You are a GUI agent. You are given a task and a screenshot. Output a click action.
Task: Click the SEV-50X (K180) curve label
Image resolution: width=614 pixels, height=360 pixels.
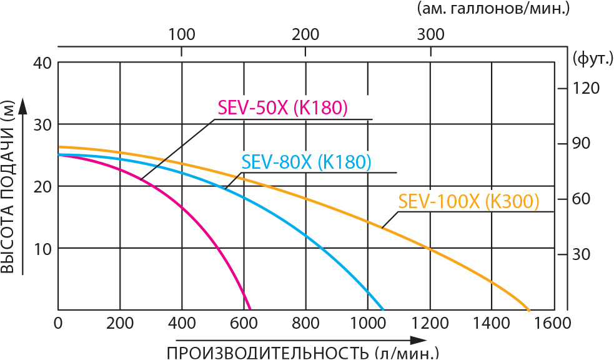point(282,107)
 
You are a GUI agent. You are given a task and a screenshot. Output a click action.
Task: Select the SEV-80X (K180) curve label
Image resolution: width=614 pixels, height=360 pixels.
point(307,162)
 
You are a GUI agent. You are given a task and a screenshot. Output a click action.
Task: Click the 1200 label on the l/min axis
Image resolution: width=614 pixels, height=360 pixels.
point(429,323)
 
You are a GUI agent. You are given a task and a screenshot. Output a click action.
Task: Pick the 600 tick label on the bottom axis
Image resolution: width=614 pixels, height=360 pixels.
point(244,323)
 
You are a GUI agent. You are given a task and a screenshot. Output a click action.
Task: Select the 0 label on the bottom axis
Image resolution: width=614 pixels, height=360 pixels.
point(58,323)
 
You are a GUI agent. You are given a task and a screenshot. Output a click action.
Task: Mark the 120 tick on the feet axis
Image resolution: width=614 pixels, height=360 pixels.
point(587,87)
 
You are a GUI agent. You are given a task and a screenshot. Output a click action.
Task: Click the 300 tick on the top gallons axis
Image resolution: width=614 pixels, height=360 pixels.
point(430,34)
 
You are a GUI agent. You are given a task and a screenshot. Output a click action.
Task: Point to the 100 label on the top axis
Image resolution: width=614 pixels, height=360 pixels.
point(182,34)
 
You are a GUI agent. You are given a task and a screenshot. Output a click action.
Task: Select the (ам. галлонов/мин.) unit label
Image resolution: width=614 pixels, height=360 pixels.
point(497,9)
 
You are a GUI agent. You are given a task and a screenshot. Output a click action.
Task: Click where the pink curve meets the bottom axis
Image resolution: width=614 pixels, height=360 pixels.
point(250,309)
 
